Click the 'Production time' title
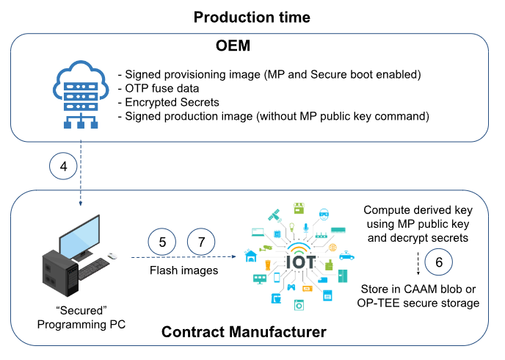[252, 17]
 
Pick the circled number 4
[64, 167]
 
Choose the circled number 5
[162, 242]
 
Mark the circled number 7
[201, 242]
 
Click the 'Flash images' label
[182, 270]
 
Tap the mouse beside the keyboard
[112, 256]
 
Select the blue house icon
[252, 255]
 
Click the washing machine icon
[299, 303]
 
